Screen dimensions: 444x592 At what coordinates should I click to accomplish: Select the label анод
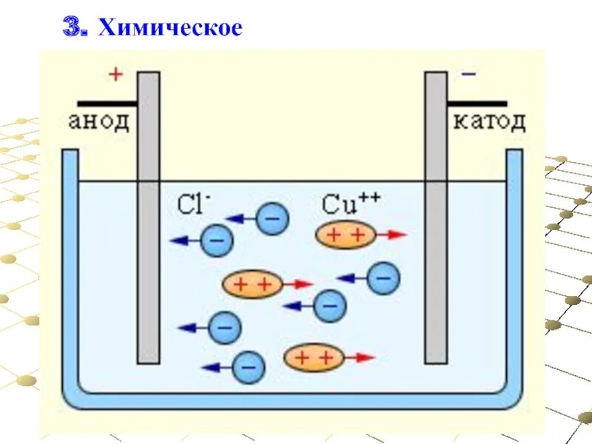(98, 121)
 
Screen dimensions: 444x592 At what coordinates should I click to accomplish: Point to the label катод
(489, 121)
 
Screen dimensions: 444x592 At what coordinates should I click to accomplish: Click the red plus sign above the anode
(114, 74)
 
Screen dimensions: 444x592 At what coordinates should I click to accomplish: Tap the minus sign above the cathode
(468, 74)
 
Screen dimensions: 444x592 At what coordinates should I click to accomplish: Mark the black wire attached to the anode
(107, 104)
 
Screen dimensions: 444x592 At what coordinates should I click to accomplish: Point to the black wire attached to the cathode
(477, 104)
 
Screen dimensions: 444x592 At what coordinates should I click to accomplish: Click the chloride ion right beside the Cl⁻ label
(272, 218)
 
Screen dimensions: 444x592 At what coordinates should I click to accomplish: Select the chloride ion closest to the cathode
(383, 278)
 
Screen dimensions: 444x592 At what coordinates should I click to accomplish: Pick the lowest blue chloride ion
(248, 367)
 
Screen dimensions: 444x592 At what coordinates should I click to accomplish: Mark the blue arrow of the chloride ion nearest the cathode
(351, 278)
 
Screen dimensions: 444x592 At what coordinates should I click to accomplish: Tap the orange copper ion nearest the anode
(252, 283)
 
